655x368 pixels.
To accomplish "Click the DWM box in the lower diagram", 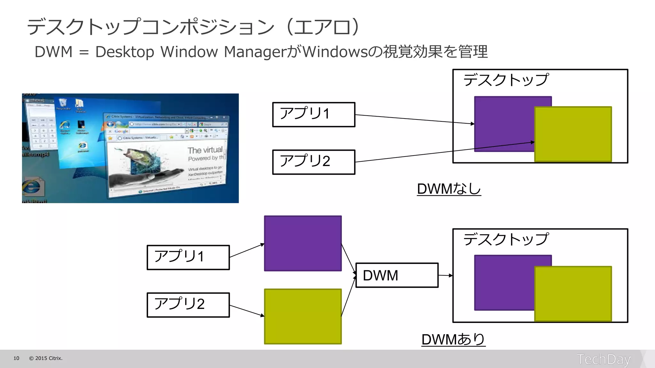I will point(397,275).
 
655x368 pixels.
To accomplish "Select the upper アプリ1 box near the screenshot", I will point(313,114).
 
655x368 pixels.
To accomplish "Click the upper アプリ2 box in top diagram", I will point(313,162).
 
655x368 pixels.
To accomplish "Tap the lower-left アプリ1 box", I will point(188,257).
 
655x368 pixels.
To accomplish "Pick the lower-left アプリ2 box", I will point(188,305).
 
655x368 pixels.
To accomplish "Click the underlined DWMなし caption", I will point(449,189).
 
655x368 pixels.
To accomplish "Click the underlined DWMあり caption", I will point(453,339).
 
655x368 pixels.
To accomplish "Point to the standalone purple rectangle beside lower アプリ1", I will point(303,243).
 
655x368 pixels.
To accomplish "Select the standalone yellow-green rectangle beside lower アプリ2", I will point(303,316).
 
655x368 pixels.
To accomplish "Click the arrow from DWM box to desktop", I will point(445,275).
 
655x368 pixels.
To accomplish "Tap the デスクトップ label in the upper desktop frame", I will point(506,80).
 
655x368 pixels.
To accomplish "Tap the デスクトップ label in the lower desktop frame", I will point(506,239).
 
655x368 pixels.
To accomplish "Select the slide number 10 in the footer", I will point(16,358).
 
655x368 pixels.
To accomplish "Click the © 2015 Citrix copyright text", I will point(46,358).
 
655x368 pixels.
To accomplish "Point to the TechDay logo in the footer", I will point(604,359).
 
